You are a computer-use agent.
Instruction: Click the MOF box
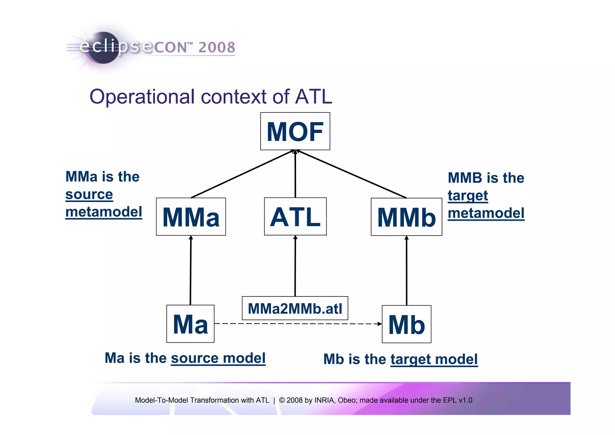(295, 131)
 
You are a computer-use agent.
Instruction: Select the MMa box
(191, 216)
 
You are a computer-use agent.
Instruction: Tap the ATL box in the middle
(295, 216)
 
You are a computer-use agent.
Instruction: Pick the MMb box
(406, 217)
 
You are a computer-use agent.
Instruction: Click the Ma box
(190, 324)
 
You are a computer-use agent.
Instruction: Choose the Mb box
(406, 324)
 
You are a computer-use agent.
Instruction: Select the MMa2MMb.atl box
(295, 308)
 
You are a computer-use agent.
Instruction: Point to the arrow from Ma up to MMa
(190, 271)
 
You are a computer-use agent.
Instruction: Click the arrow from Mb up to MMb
(407, 271)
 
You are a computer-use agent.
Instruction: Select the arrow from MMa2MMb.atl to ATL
(295, 266)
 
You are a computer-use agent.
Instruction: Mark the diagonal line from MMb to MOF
(351, 174)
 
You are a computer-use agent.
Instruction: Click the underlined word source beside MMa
(89, 195)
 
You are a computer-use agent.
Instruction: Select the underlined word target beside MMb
(468, 196)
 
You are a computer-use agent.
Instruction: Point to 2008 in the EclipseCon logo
(217, 47)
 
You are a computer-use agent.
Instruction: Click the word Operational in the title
(142, 97)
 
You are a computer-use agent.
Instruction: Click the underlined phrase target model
(434, 359)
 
